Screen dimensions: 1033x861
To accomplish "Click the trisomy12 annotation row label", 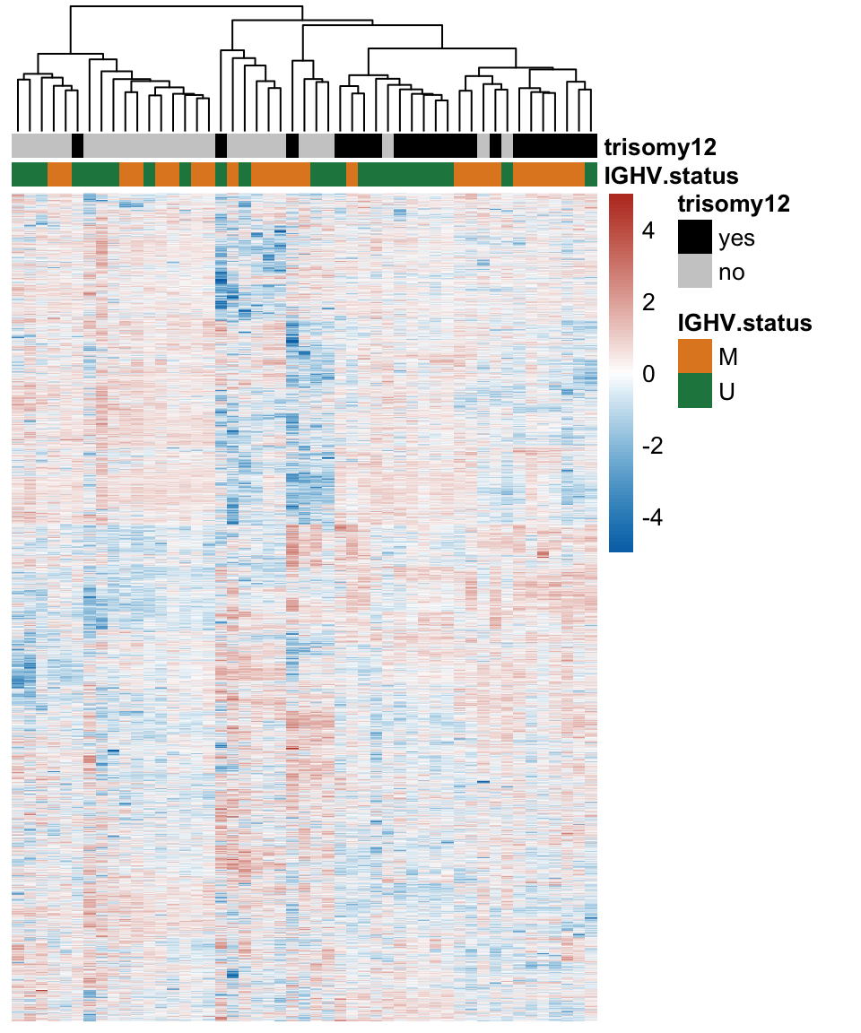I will tap(661, 146).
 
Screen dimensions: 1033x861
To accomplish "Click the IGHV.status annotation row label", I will tap(672, 175).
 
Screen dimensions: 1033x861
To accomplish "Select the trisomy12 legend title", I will tap(734, 204).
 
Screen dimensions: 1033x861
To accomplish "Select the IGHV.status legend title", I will tap(744, 323).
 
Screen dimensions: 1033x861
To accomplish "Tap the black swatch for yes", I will tap(695, 237).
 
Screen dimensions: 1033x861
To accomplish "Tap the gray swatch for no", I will tap(695, 272).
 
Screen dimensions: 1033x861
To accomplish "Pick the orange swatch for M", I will tap(695, 356).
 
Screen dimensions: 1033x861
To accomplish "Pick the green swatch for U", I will tap(695, 391).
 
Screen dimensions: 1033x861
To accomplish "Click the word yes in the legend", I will tap(736, 239).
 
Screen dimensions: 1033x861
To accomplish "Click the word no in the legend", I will tap(732, 273).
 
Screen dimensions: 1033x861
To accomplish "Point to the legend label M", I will tap(728, 357).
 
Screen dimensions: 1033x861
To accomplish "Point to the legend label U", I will tap(727, 392).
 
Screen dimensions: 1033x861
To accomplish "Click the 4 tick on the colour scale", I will tap(648, 230).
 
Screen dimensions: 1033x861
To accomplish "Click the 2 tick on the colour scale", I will tap(648, 302).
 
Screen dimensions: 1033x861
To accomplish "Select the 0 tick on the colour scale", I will tap(648, 374).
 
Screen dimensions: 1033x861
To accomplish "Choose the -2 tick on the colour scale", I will tap(652, 446).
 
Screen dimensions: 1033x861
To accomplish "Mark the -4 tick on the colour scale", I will tap(652, 517).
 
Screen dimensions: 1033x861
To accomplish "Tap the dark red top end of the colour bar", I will tap(621, 198).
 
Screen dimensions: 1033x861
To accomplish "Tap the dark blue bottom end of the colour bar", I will tap(621, 547).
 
